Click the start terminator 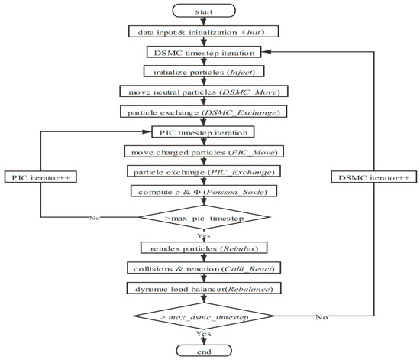tap(209, 11)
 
